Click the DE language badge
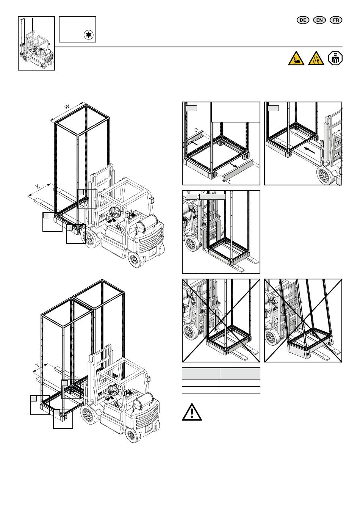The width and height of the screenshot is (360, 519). click(303, 20)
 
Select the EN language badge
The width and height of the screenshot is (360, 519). click(319, 20)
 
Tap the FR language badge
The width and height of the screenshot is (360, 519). click(336, 20)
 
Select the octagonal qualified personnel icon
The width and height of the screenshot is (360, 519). click(335, 58)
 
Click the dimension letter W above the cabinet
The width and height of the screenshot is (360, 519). click(67, 107)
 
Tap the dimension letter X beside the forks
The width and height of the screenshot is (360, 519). click(37, 187)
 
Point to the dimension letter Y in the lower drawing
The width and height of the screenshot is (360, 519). click(37, 365)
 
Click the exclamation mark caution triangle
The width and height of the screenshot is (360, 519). click(192, 412)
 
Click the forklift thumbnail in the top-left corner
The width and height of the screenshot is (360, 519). click(36, 43)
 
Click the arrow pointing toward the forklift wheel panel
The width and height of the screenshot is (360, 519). click(310, 150)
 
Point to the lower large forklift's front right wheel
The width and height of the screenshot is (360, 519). click(89, 416)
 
